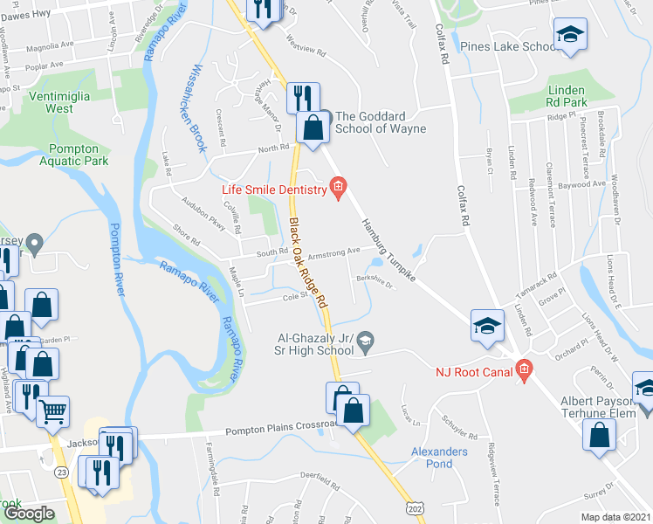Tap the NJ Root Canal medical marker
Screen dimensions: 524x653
(x=524, y=370)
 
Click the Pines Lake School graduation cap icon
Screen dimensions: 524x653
(x=571, y=34)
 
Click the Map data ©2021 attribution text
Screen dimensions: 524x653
(x=616, y=517)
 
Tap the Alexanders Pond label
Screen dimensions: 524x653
(x=440, y=458)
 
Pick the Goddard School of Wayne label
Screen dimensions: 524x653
(x=381, y=122)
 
